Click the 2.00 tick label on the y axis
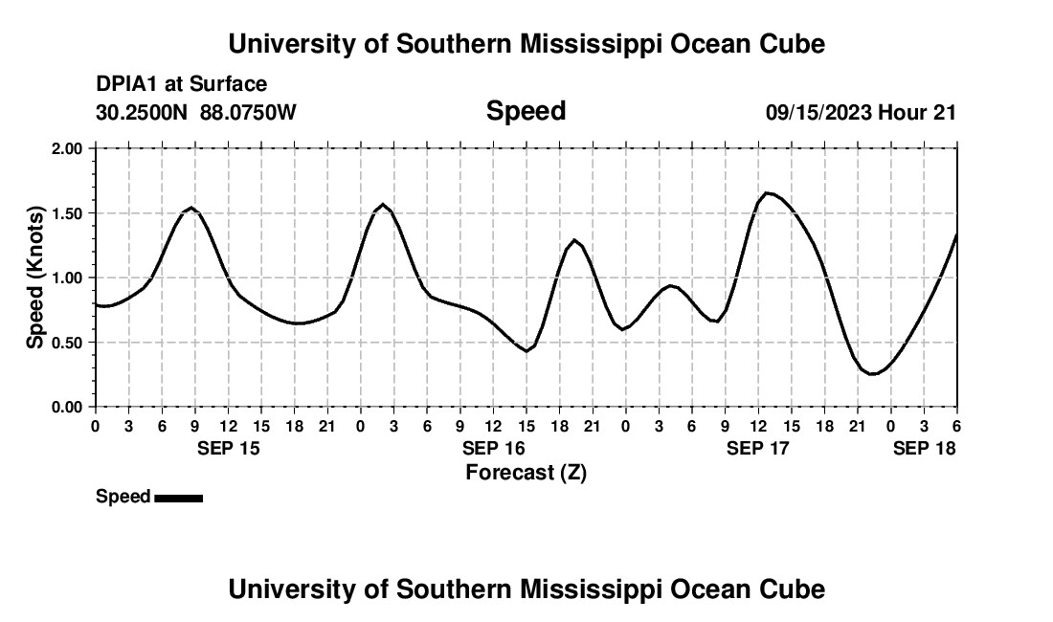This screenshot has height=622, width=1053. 68,149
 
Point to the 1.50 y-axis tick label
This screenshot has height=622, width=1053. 68,213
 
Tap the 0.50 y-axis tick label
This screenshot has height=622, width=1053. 68,343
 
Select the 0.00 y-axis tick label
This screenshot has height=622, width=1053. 68,407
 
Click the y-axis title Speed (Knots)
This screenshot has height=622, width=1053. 34,278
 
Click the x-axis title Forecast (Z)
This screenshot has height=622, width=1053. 526,472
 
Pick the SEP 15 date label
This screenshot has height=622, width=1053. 228,448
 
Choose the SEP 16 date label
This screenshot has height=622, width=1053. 493,448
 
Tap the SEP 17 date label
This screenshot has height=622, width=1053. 758,448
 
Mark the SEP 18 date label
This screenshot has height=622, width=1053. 924,448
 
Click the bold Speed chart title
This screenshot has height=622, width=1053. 526,111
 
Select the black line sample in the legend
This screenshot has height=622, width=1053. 178,498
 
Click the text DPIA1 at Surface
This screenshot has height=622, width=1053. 181,84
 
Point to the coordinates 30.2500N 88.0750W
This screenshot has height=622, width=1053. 196,113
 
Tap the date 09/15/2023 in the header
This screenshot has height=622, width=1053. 818,113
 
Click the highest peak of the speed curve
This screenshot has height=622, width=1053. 767,193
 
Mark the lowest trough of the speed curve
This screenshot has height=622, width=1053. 872,374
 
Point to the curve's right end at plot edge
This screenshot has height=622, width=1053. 956,234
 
